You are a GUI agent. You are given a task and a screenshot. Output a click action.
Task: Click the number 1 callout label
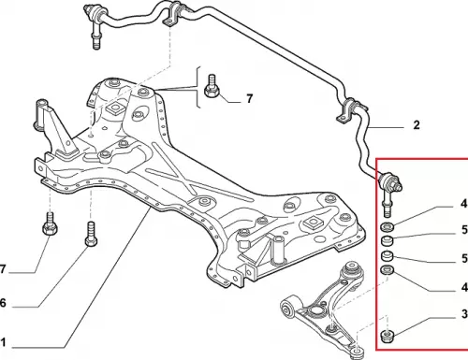pyautogui.click(x=3, y=342)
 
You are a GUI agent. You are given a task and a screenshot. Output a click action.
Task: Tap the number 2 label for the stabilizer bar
pyautogui.click(x=417, y=125)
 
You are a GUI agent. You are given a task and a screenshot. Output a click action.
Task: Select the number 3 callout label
pyautogui.click(x=464, y=314)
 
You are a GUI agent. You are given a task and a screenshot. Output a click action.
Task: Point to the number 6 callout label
pyautogui.click(x=3, y=302)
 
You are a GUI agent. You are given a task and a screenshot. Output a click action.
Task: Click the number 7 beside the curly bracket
pyautogui.click(x=249, y=98)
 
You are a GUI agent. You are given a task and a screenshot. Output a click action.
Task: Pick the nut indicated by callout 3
pyautogui.click(x=388, y=337)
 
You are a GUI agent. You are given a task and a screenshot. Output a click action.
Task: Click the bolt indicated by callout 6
pyautogui.click(x=91, y=234)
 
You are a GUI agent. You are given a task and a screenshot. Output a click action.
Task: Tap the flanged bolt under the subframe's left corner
pyautogui.click(x=50, y=224)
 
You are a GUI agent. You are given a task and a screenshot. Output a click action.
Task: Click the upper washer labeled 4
pyautogui.click(x=388, y=227)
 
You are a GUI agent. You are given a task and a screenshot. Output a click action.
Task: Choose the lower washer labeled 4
pyautogui.click(x=388, y=269)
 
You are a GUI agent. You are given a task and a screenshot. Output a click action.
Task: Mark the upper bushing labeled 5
pyautogui.click(x=388, y=240)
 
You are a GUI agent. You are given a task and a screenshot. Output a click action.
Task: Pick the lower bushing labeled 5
pyautogui.click(x=388, y=255)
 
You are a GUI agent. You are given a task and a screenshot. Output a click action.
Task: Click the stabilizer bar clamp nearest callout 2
pyautogui.click(x=350, y=111)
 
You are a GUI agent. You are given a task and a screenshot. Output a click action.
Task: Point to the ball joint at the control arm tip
pyautogui.click(x=357, y=352)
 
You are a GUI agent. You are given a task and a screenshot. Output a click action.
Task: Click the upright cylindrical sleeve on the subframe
pyautogui.click(x=279, y=248)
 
